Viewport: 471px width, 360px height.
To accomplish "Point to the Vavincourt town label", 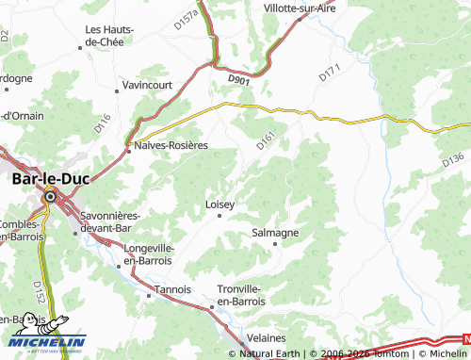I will [x=150, y=86].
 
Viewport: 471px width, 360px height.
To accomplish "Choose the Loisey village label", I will [x=219, y=204].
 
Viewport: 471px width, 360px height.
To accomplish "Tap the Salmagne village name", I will [x=276, y=232].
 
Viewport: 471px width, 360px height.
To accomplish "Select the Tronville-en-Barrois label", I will [x=244, y=295].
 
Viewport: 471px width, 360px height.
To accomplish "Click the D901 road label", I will [x=240, y=82].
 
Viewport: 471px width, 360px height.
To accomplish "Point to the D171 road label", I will [x=328, y=72].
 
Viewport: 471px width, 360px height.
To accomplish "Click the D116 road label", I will [x=103, y=121].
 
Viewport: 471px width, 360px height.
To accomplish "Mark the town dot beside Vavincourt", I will [x=118, y=91].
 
